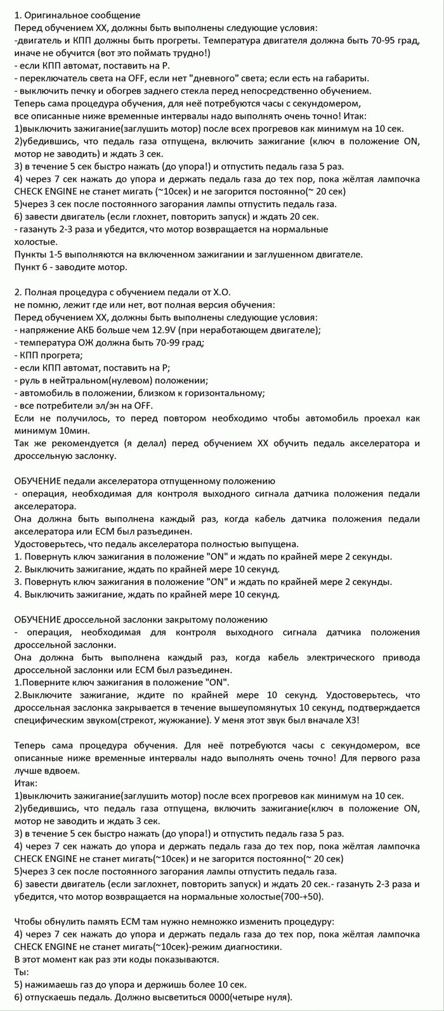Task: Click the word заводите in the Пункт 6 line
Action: tap(70, 267)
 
